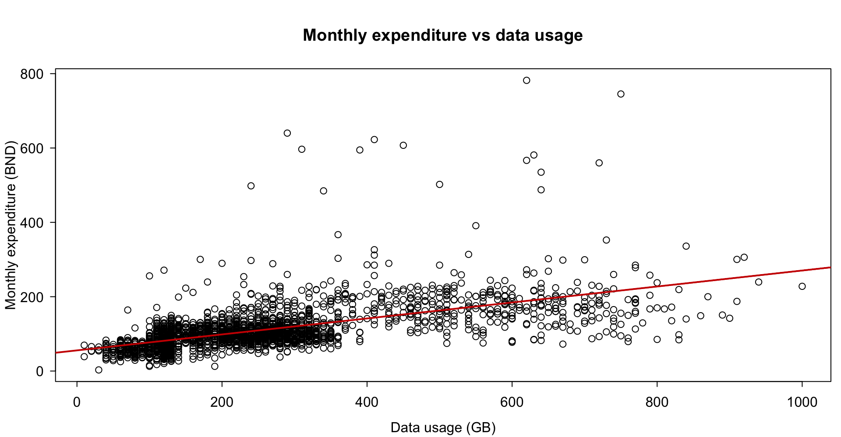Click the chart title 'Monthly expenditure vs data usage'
(x=442, y=35)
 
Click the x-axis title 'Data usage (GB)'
(x=443, y=427)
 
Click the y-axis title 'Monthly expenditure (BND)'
(x=11, y=225)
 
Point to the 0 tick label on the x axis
(x=77, y=402)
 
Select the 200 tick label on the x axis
(x=222, y=402)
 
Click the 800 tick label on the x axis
(x=657, y=402)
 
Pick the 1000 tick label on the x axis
(x=802, y=402)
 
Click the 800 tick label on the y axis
(x=32, y=74)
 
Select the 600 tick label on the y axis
(x=32, y=148)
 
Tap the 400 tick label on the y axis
(x=32, y=222)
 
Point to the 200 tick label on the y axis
(x=32, y=297)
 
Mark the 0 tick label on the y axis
(x=40, y=371)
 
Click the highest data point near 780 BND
(x=527, y=80)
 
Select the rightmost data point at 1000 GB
(x=802, y=286)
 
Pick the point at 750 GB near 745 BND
(x=621, y=94)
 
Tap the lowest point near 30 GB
(x=99, y=370)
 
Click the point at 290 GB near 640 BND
(x=287, y=133)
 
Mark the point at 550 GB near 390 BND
(x=476, y=226)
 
